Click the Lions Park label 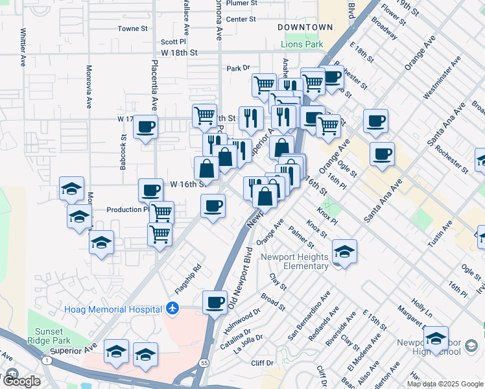point(302,45)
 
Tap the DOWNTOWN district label point(305,27)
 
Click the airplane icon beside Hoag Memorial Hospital point(172,308)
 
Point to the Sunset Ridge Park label point(45,335)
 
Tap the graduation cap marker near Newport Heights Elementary point(344,252)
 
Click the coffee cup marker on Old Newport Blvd point(215,302)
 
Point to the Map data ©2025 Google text point(445,384)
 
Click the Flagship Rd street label point(189,277)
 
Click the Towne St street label point(132,29)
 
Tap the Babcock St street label point(123,152)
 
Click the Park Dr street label point(238,68)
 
